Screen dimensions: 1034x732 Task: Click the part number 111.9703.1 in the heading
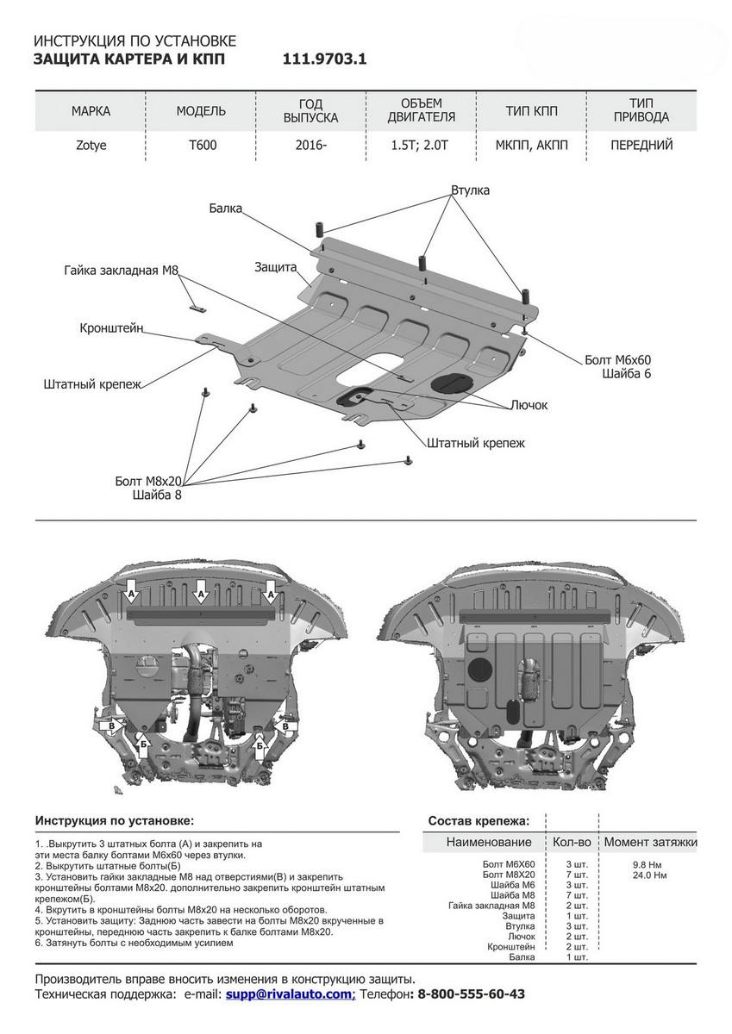(324, 59)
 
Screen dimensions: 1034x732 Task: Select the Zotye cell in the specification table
(91, 145)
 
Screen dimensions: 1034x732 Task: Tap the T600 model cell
(203, 145)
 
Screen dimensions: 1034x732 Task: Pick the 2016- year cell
(310, 145)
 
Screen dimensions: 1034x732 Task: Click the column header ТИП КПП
(531, 111)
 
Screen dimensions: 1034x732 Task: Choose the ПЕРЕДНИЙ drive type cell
(641, 145)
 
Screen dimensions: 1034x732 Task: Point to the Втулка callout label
(470, 190)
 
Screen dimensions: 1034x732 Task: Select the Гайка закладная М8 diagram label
(121, 271)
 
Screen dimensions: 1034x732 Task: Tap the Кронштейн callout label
(111, 328)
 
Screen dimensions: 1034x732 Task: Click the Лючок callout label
(529, 404)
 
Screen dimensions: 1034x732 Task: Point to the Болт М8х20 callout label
(148, 481)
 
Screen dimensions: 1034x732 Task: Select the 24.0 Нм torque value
(649, 875)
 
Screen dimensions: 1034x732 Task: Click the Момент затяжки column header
(650, 842)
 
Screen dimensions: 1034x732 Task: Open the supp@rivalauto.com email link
(289, 994)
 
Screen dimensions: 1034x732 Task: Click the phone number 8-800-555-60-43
(471, 994)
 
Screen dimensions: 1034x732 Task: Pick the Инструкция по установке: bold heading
(115, 820)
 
